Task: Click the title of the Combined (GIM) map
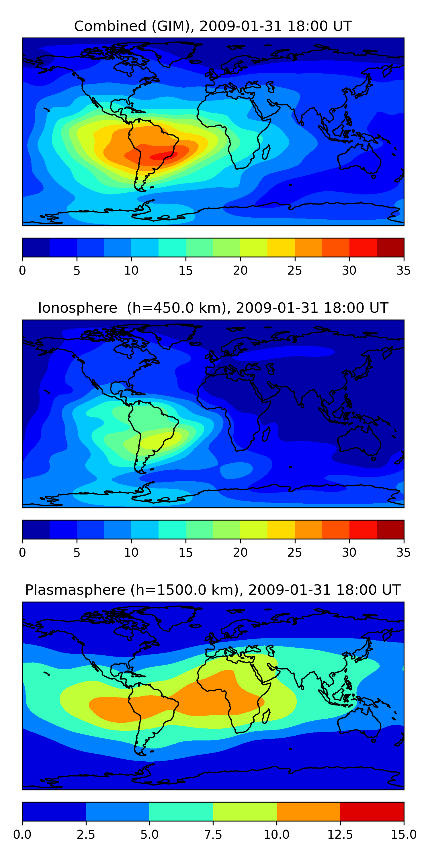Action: (213, 26)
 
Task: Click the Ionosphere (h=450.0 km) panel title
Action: (213, 308)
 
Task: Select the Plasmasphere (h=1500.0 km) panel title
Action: (213, 590)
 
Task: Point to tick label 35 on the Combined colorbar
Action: (403, 270)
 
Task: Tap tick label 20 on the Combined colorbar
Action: (240, 270)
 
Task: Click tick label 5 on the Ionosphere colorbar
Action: (77, 553)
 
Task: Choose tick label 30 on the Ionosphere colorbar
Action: (349, 553)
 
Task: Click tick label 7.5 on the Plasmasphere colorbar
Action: (213, 835)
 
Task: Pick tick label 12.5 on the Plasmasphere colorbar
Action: (340, 835)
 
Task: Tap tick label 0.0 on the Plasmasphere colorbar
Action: (22, 835)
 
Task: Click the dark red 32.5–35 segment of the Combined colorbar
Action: (390, 247)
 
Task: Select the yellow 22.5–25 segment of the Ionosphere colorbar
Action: (281, 529)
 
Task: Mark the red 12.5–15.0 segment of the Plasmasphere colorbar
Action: (372, 811)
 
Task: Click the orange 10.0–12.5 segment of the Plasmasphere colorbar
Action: (308, 811)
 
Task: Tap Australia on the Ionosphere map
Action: (359, 440)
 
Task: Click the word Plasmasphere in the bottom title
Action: (75, 590)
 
